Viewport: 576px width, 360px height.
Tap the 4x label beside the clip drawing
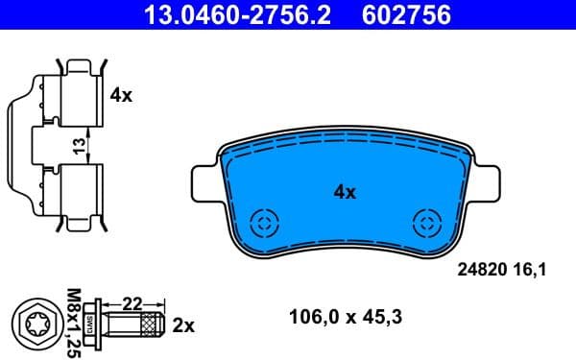tap(121, 95)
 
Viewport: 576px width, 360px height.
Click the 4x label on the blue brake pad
tap(344, 192)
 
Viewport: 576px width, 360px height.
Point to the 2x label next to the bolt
tap(182, 325)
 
